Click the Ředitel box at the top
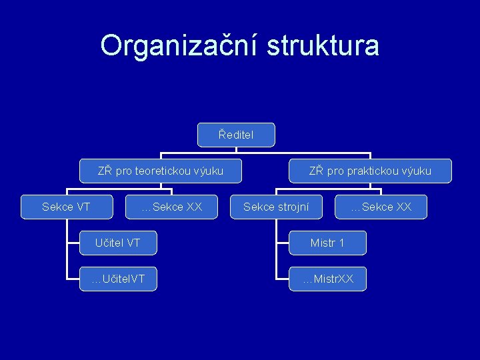click(x=236, y=135)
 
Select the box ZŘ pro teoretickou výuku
click(x=160, y=171)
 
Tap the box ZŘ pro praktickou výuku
click(x=370, y=171)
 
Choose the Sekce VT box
click(x=66, y=207)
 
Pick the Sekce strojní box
click(x=276, y=207)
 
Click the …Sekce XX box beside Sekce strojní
click(x=381, y=207)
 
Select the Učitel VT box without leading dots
click(x=117, y=243)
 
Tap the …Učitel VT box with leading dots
click(x=117, y=279)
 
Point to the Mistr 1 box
click(x=327, y=243)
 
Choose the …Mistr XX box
click(x=327, y=279)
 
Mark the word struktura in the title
click(x=323, y=45)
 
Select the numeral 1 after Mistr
click(x=341, y=243)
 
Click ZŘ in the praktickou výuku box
click(x=316, y=171)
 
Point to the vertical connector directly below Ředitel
click(x=236, y=150)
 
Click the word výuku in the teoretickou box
click(x=208, y=171)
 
